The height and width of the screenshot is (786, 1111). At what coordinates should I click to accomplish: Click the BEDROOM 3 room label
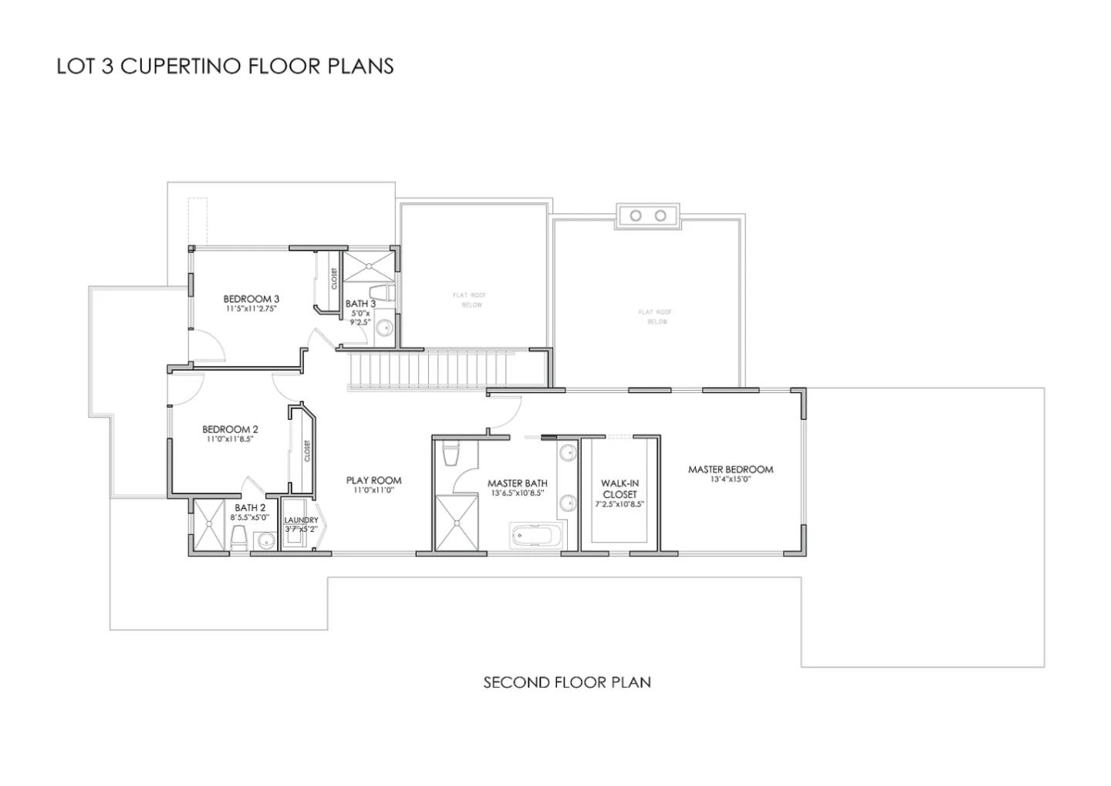tap(251, 299)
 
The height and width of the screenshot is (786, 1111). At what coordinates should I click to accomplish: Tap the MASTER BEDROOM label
tap(730, 469)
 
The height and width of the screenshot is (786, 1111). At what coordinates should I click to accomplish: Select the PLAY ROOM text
tap(373, 480)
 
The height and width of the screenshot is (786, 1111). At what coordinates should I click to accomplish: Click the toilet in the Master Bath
tap(452, 455)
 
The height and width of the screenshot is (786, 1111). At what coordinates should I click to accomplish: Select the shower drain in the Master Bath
tap(459, 524)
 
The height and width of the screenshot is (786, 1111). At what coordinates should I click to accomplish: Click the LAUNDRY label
tap(301, 520)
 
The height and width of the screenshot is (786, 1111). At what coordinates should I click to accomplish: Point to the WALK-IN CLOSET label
tap(620, 489)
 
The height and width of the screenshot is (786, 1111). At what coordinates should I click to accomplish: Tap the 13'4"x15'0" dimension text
tap(730, 479)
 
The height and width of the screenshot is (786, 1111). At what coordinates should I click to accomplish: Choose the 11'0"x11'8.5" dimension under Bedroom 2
tap(230, 439)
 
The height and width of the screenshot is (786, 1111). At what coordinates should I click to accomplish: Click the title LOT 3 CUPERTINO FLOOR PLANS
tap(225, 66)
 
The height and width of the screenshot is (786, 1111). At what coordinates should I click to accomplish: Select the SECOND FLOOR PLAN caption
tap(567, 683)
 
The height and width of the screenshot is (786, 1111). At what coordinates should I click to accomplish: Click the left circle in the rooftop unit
tap(635, 215)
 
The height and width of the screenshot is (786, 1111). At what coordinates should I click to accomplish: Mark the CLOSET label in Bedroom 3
tap(334, 278)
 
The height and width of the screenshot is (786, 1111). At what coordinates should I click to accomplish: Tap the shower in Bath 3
tap(367, 266)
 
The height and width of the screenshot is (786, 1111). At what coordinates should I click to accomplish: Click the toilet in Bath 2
tap(238, 538)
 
